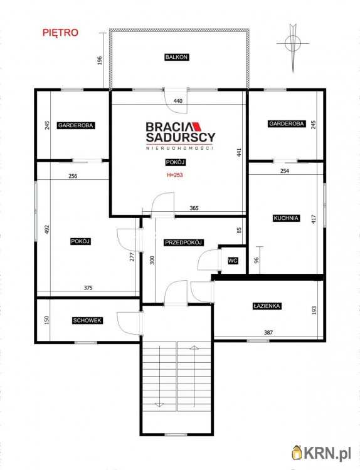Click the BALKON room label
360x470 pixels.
pos(177,57)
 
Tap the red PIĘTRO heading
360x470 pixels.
pos(60,33)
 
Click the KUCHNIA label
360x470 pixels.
pos(286,218)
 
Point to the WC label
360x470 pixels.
pos(233,261)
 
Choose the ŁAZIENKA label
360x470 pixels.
pos(267,306)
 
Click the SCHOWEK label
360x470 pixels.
pos(87,320)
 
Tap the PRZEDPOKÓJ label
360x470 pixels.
pos(184,242)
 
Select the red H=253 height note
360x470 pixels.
pos(175,175)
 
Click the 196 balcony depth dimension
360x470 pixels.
pos(100,60)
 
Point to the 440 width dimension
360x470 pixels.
pos(178,101)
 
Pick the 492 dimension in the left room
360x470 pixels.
pos(46,229)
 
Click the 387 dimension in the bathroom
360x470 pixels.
pos(268,332)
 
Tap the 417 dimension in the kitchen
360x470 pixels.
pos(314,219)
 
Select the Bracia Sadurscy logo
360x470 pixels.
pos(180,135)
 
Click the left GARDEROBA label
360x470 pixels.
pos(76,125)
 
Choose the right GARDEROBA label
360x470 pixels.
pos(287,123)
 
